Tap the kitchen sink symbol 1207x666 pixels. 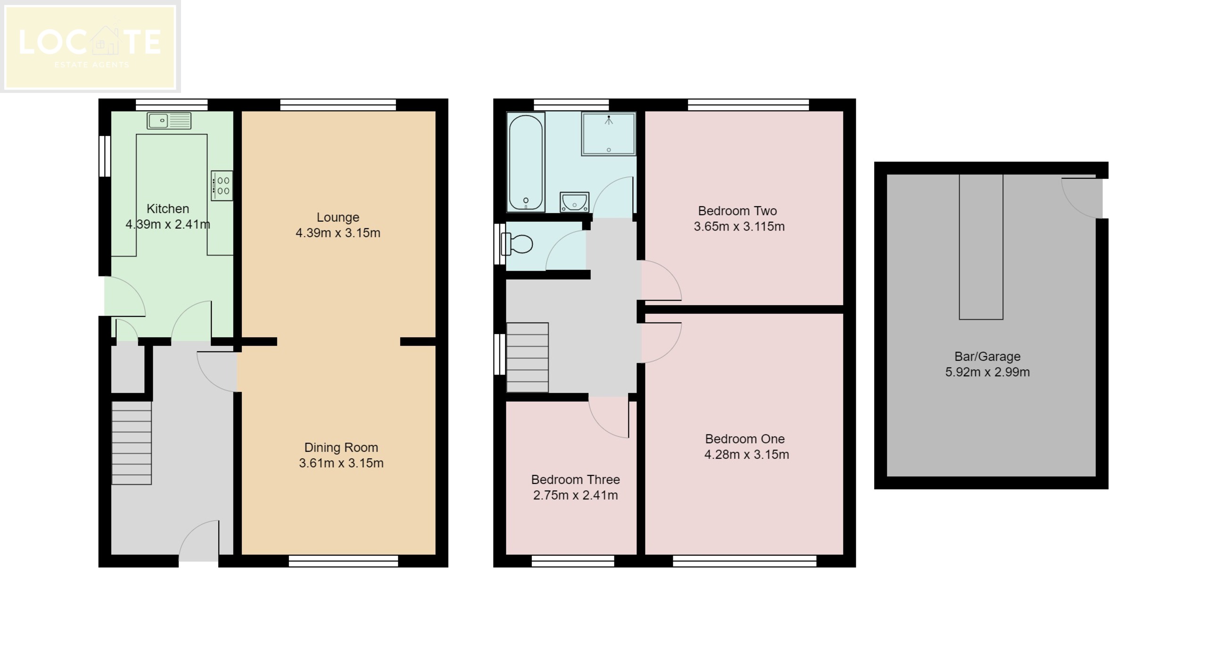[x=169, y=121]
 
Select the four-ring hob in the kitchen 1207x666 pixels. [x=222, y=185]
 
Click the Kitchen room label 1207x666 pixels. [x=167, y=208]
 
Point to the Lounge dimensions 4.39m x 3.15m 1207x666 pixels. [x=338, y=233]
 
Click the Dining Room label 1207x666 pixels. [x=341, y=447]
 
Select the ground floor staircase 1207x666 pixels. [x=131, y=442]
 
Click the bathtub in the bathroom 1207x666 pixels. [x=526, y=162]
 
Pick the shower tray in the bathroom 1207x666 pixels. [x=608, y=134]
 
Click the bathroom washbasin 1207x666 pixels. [x=574, y=202]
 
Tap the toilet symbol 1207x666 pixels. [x=518, y=244]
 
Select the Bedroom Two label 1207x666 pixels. [x=737, y=211]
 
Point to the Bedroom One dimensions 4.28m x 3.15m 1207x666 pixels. [x=746, y=454]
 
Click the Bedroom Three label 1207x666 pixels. [x=575, y=479]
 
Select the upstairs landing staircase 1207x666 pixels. [x=527, y=357]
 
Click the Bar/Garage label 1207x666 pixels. [x=987, y=356]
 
